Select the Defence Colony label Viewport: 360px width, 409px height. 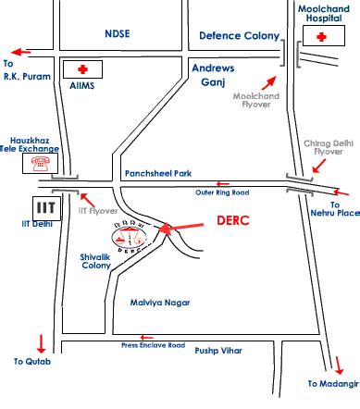pos(239,35)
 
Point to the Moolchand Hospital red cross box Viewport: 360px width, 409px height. pos(321,37)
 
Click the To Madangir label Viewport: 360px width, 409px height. pos(333,383)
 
